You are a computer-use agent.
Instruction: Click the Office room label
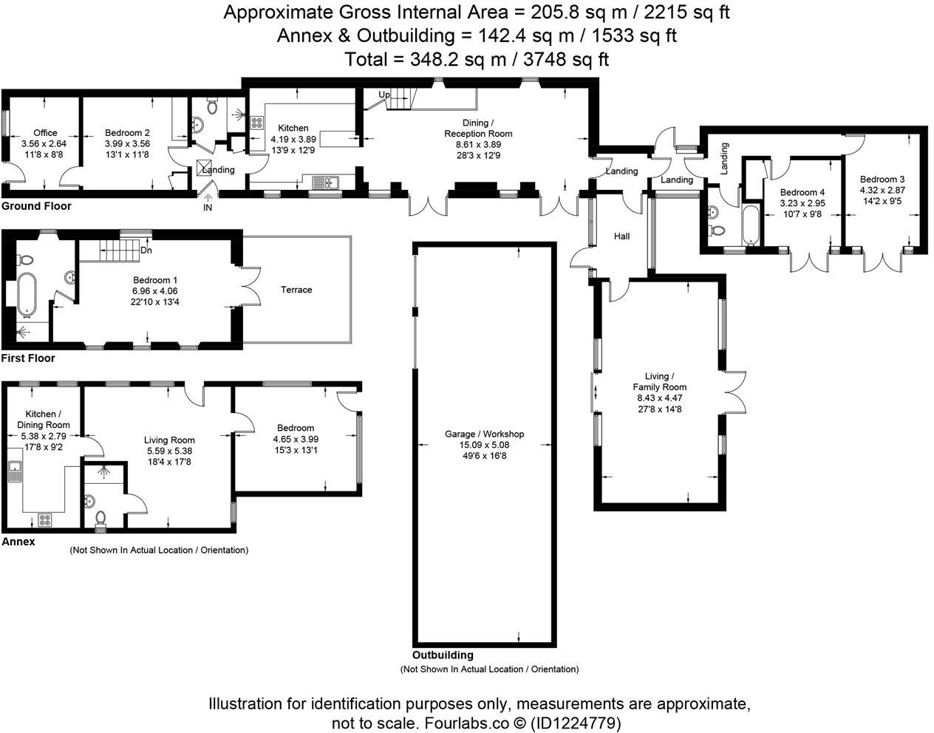(x=44, y=133)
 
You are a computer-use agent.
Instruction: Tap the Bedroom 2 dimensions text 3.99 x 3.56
(x=127, y=143)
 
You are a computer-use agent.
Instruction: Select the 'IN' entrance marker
(x=207, y=208)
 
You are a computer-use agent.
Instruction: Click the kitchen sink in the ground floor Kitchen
(x=325, y=182)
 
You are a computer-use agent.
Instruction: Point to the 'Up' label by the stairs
(x=384, y=95)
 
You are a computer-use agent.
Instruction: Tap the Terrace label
(x=296, y=290)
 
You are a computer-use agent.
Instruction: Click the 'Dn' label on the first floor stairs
(x=146, y=250)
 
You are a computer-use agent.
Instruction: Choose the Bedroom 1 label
(x=154, y=280)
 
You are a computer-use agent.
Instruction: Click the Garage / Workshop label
(x=484, y=434)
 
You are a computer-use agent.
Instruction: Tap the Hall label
(x=621, y=236)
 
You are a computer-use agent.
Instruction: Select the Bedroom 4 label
(x=802, y=192)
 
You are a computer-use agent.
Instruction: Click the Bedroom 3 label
(x=882, y=180)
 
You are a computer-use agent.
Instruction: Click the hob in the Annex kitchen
(x=44, y=519)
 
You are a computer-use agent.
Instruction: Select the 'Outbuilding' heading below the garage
(x=443, y=655)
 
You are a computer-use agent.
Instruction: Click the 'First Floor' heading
(x=28, y=358)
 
